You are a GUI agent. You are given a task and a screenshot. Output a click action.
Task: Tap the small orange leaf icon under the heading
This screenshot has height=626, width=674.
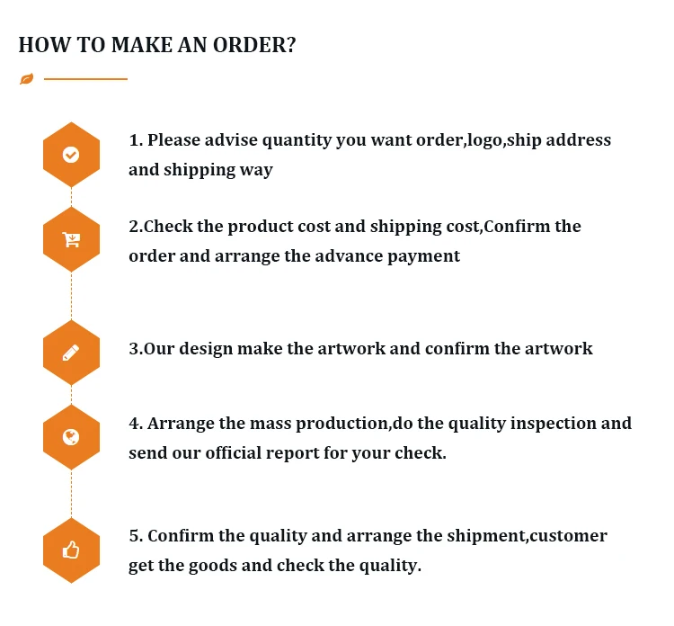(x=26, y=79)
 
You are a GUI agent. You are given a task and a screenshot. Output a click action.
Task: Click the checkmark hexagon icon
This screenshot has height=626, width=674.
(x=71, y=155)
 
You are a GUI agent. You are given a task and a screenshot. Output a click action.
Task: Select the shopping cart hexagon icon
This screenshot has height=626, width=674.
(x=71, y=239)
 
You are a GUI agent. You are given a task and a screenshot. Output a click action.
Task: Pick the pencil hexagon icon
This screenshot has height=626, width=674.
(x=71, y=353)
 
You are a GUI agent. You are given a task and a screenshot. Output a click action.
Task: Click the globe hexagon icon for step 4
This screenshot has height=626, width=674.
(x=71, y=437)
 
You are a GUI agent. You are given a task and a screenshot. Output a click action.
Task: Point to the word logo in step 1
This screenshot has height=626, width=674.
(x=483, y=140)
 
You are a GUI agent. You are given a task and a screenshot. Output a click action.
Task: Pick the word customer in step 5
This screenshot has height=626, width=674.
(x=568, y=536)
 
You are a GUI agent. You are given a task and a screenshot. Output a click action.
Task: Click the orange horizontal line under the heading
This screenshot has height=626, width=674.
(x=85, y=79)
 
